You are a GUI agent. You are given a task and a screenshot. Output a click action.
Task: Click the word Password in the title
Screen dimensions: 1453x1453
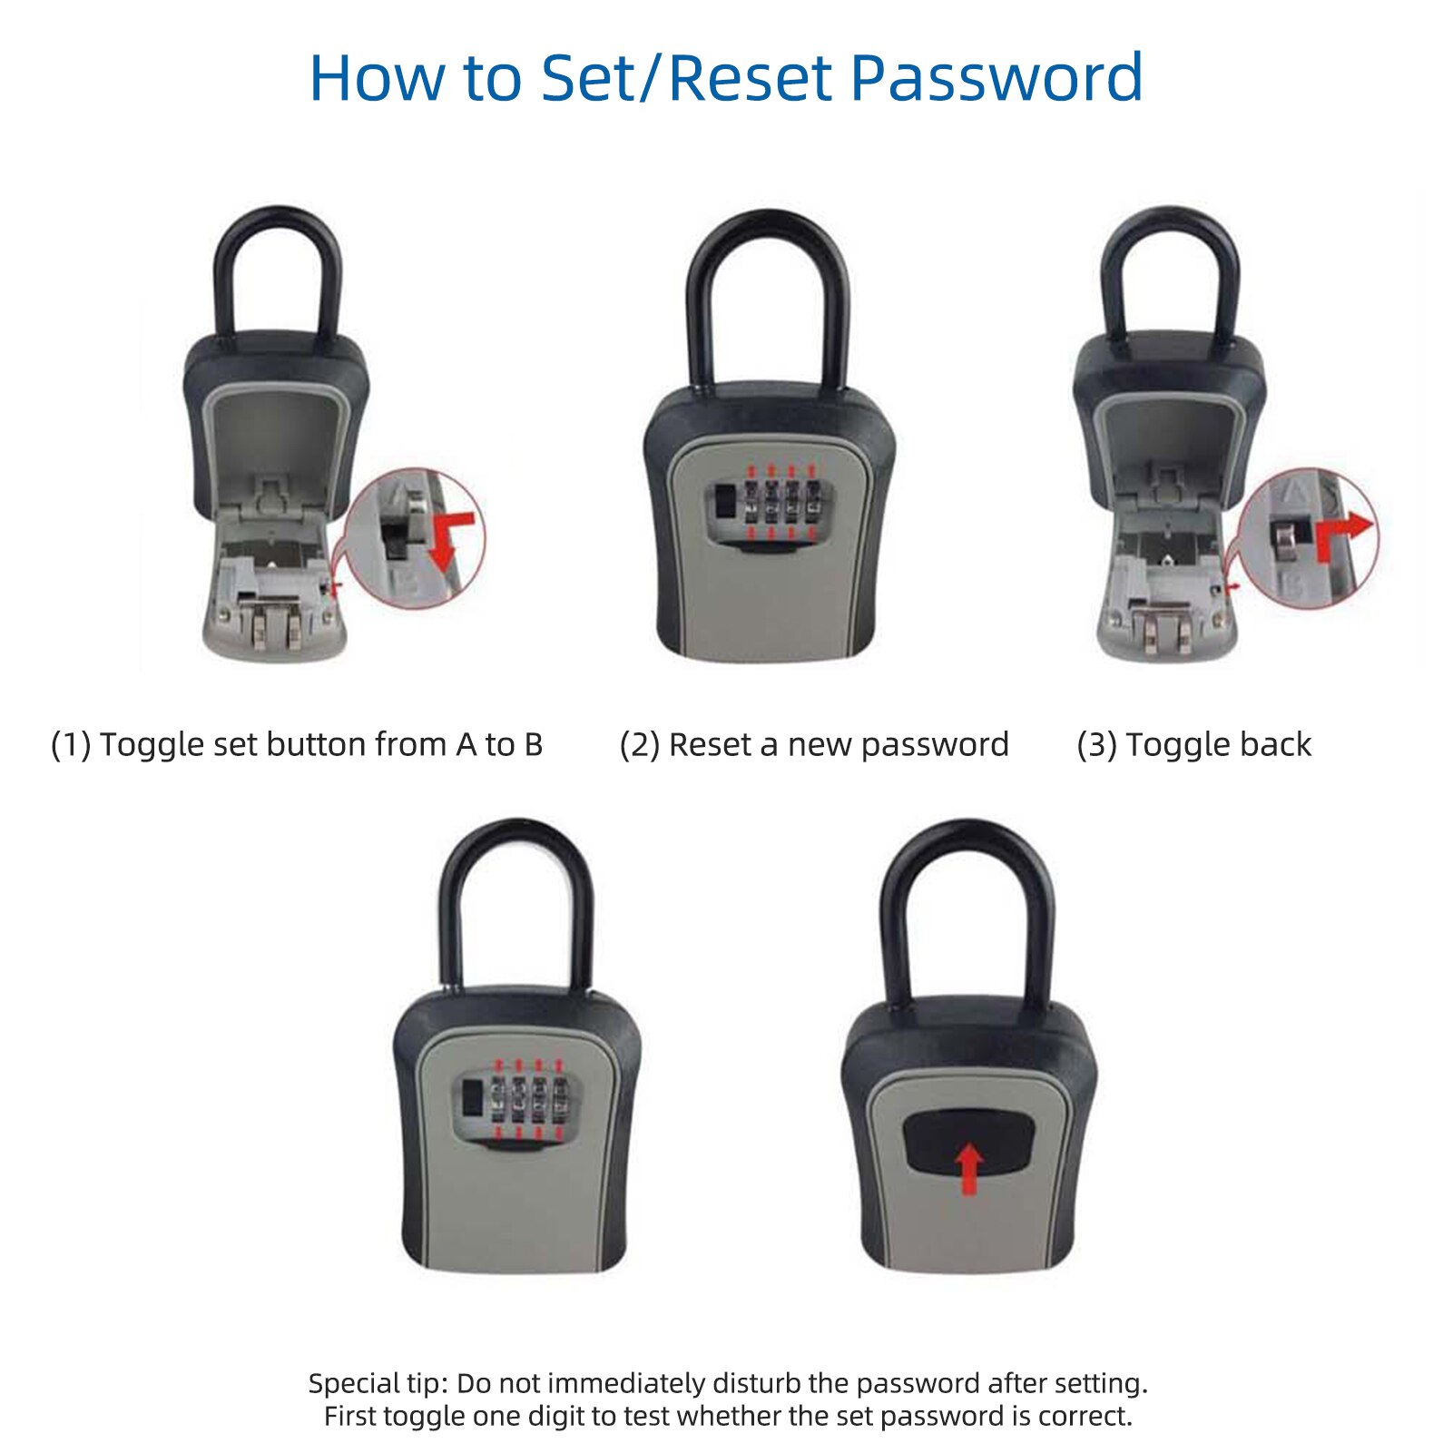[x=996, y=78]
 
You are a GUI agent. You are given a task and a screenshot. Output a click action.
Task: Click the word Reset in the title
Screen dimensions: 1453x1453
[x=751, y=78]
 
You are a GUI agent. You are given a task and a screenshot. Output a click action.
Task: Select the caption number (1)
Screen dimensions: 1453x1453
[x=71, y=745]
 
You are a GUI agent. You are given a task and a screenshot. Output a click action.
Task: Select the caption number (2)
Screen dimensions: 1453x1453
[x=639, y=745]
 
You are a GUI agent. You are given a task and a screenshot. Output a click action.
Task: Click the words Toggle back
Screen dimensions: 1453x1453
[x=1218, y=745]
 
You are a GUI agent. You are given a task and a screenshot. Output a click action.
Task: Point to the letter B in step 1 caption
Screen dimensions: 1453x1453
[x=533, y=745]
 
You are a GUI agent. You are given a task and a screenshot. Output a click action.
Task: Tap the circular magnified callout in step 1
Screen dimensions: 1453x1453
[x=417, y=538]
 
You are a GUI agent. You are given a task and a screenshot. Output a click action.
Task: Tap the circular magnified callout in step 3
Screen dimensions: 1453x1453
[x=1308, y=538]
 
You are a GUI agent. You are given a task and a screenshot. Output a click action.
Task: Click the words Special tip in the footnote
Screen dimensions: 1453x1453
[x=376, y=1383]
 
